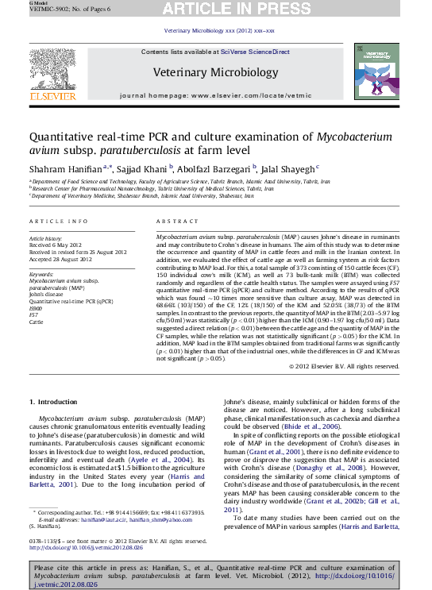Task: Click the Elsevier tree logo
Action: coord(52,72)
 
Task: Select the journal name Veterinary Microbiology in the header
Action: coord(215,75)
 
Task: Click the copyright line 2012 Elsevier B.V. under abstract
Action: coord(343,366)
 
